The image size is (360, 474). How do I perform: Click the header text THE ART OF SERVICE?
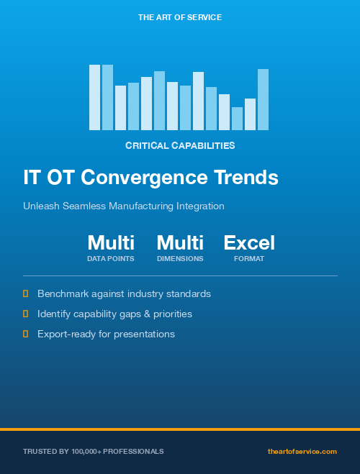(x=179, y=17)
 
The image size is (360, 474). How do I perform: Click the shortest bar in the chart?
(x=237, y=119)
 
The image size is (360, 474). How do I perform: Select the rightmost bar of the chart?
(x=263, y=99)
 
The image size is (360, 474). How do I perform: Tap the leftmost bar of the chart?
(x=94, y=97)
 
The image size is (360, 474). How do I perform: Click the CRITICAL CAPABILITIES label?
(x=180, y=145)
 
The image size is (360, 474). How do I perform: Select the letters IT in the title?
(x=32, y=177)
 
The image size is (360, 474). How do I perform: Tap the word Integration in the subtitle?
(x=200, y=206)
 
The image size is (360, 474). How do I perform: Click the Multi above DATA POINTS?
(x=111, y=242)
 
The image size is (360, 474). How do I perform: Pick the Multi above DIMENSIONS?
(x=180, y=242)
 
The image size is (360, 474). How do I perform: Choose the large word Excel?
(x=249, y=242)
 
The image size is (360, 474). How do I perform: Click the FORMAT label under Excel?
(x=249, y=258)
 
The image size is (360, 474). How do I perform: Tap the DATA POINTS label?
(x=111, y=258)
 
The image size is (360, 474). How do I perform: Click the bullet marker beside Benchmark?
(x=26, y=293)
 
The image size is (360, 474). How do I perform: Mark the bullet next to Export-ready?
(x=26, y=334)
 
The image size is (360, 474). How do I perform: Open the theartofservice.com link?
(x=302, y=451)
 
